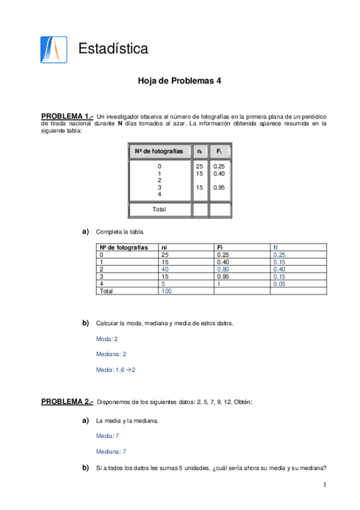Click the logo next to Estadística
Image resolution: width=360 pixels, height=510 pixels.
pos(50,49)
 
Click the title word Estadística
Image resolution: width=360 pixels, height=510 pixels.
pos(114,49)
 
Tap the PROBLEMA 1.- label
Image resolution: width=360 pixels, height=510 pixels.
pos(67,115)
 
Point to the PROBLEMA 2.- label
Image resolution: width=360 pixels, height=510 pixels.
pos(67,401)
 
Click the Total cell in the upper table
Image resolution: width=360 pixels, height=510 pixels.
pos(159,209)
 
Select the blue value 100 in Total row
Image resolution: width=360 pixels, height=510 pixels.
pos(166,291)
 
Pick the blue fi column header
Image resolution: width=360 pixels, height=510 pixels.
pos(275,247)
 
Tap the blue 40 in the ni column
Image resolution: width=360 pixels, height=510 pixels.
pos(165,269)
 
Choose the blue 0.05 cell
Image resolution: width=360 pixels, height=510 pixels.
pos(279,284)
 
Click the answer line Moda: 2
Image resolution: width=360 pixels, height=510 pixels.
pos(107,339)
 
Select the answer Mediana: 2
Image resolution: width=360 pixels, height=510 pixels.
pos(111,354)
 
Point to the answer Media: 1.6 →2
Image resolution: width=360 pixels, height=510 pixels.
pos(116,369)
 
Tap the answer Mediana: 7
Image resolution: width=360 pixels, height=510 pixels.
pos(111,450)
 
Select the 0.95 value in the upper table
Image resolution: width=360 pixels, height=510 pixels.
pos(219,188)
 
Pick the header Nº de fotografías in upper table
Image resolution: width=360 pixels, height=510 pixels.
pos(159,151)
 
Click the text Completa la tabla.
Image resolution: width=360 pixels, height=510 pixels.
pos(120,232)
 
